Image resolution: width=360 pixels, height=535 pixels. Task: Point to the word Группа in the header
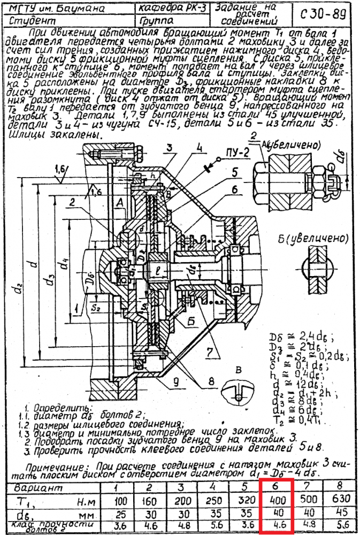click(x=155, y=21)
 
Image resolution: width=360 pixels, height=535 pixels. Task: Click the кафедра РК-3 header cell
click(x=172, y=9)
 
